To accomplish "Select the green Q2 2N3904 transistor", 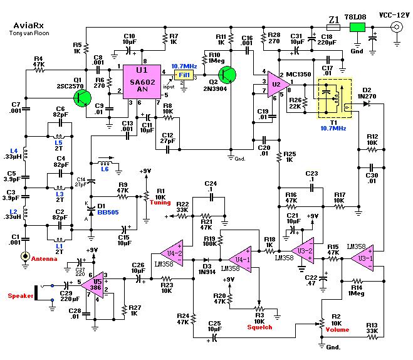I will click(227, 75).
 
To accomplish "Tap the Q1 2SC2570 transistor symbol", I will click(81, 97).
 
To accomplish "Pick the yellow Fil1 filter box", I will click(185, 75).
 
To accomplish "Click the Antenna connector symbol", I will click(26, 257).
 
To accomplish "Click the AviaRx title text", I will click(29, 26).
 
